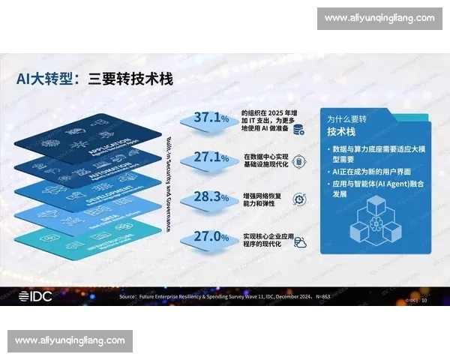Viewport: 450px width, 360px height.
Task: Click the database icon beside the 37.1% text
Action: click(x=298, y=128)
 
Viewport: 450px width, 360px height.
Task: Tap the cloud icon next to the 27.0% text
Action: click(x=298, y=242)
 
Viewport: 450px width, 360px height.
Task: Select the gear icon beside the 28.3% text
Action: click(x=298, y=199)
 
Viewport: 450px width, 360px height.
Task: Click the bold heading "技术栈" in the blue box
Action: click(x=343, y=132)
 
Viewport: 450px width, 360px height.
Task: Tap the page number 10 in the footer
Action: click(x=424, y=298)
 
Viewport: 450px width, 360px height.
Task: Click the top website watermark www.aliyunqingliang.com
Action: click(x=379, y=18)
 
